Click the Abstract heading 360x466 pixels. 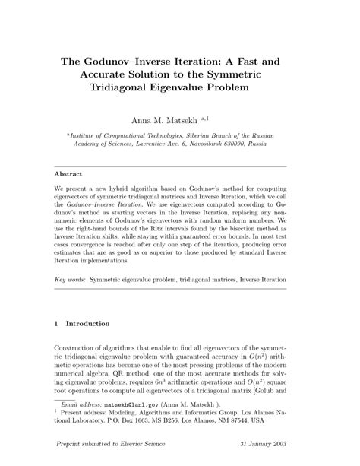(70, 173)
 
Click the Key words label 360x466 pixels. (70, 258)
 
